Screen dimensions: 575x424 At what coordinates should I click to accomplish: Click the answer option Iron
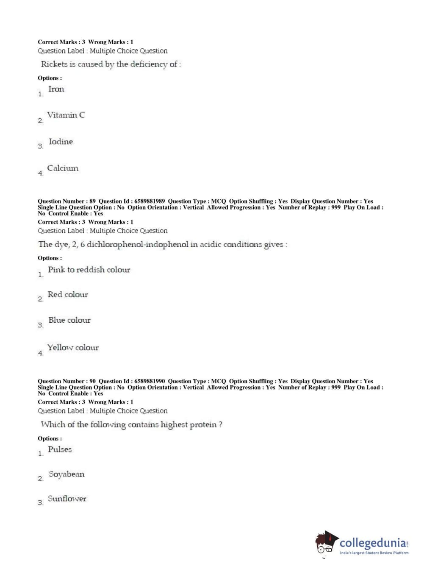point(56,89)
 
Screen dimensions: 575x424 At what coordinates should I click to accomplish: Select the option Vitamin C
point(66,115)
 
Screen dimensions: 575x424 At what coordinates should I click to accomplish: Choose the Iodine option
point(61,142)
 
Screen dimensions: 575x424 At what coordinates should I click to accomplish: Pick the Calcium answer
point(63,168)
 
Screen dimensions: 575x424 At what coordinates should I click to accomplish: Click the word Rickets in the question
point(54,64)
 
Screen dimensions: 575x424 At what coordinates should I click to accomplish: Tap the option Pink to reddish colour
point(89,270)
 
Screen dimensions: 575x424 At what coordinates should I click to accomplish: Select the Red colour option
point(68,295)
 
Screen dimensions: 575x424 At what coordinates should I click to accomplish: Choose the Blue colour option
point(69,320)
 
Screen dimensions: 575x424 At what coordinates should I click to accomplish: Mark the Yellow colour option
point(73,348)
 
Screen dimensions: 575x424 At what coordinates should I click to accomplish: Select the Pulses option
point(60,449)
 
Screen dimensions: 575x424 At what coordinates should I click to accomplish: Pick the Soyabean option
point(67,474)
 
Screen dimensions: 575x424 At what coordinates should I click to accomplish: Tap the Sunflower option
point(67,499)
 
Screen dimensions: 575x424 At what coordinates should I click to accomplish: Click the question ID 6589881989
point(150,201)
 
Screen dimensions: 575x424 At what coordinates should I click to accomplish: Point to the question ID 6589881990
point(150,381)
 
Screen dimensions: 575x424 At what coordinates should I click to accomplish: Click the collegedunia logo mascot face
point(325,543)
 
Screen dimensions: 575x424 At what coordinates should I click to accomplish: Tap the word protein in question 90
point(202,424)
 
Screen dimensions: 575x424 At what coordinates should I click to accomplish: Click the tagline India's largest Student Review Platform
point(374,553)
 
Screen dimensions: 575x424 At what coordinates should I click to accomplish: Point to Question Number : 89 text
point(67,201)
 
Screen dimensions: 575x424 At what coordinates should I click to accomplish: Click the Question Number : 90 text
point(67,381)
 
